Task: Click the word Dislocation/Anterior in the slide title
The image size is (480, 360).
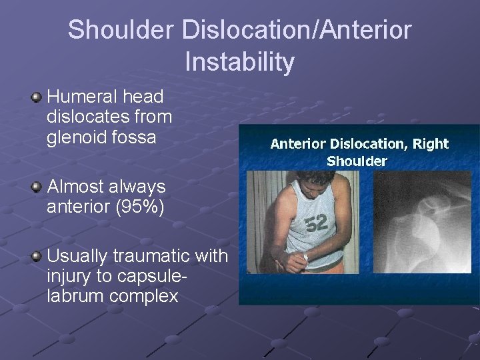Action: (297, 30)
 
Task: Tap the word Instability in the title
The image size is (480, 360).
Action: (239, 62)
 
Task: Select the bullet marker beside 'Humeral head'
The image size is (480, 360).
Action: (36, 98)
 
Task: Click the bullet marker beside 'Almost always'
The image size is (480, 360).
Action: (36, 188)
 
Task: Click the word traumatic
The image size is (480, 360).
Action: (141, 256)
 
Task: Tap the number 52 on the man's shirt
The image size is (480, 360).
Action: (317, 223)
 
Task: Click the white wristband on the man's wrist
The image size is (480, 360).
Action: (305, 257)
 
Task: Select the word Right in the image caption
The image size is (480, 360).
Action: (431, 144)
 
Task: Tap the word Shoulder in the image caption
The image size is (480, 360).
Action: (357, 161)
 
